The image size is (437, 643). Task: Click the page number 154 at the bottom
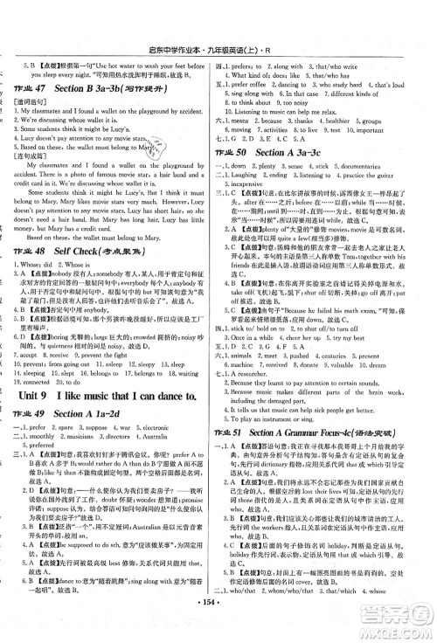click(218, 626)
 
